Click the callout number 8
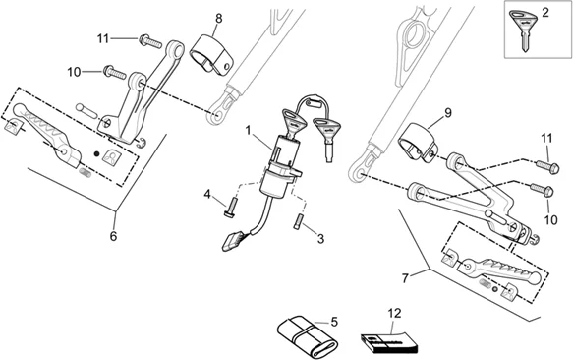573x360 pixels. [x=218, y=19]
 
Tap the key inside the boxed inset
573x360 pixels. [x=524, y=29]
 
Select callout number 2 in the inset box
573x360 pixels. [x=545, y=13]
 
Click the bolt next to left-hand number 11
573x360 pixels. [x=150, y=41]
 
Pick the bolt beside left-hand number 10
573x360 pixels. [x=115, y=72]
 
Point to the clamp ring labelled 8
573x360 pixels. [x=211, y=54]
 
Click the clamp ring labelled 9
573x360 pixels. [x=418, y=143]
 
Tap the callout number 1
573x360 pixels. [x=249, y=130]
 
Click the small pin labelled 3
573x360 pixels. [x=298, y=221]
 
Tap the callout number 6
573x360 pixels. [x=113, y=236]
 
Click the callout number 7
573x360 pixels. [x=405, y=278]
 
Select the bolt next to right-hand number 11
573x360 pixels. [x=546, y=167]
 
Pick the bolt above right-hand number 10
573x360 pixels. [x=542, y=190]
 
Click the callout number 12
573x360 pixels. [x=395, y=313]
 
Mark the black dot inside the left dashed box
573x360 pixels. [x=96, y=154]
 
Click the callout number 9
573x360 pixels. [x=448, y=113]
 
